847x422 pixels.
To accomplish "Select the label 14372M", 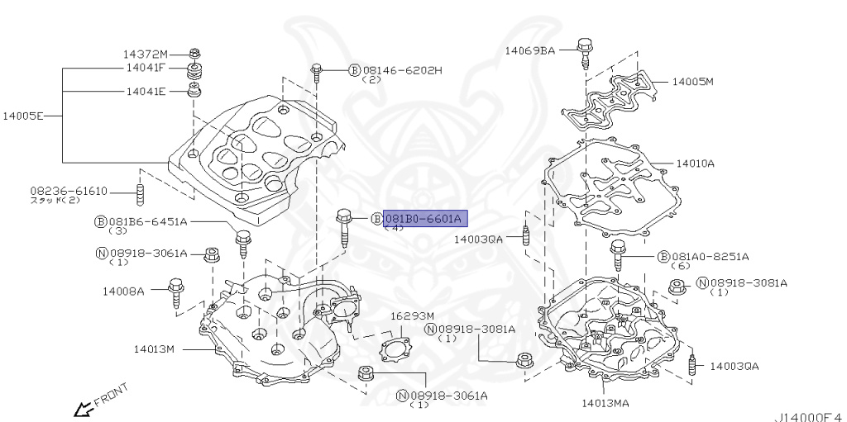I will coord(146,53).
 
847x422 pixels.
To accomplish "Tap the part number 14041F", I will coord(146,68).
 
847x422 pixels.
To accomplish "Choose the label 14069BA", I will coord(530,50).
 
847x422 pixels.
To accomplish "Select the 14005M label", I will coord(692,82).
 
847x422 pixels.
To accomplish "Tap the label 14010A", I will coord(695,164).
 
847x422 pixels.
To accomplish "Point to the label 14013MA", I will coord(605,403).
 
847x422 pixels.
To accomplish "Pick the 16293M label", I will coord(411,315).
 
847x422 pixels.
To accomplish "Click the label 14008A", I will coord(124,291).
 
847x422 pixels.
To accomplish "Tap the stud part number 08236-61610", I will coord(69,191).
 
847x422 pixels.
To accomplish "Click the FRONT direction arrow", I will coord(84,407).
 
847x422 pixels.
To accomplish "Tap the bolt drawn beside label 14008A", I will coord(176,296).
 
